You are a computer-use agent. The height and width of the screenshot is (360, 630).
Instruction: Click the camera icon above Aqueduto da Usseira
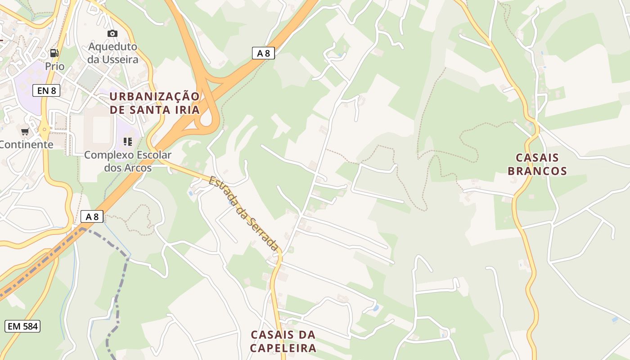pyautogui.click(x=112, y=33)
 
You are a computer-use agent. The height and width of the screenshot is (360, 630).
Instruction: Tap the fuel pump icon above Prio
pyautogui.click(x=54, y=53)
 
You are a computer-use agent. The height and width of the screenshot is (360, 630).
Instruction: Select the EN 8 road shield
pyautogui.click(x=46, y=90)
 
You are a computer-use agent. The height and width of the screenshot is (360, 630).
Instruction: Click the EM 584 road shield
pyautogui.click(x=22, y=326)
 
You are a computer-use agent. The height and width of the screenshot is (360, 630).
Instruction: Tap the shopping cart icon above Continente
pyautogui.click(x=25, y=131)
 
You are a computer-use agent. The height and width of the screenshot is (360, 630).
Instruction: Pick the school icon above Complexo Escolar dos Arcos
pyautogui.click(x=128, y=142)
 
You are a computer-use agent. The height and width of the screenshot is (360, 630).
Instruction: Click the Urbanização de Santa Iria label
pyautogui.click(x=154, y=103)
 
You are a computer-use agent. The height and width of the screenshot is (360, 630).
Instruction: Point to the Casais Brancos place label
pyautogui.click(x=537, y=164)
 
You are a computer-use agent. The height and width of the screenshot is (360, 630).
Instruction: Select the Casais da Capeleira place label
pyautogui.click(x=283, y=341)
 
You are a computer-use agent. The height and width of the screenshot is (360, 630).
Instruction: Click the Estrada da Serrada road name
pyautogui.click(x=243, y=213)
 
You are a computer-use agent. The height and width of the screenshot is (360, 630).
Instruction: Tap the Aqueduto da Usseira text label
pyautogui.click(x=112, y=53)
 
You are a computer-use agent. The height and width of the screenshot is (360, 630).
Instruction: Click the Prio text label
pyautogui.click(x=54, y=67)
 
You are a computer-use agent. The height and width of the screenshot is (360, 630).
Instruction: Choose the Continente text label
pyautogui.click(x=26, y=144)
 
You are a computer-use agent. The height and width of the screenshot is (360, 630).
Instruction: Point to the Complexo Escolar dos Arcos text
pyautogui.click(x=128, y=161)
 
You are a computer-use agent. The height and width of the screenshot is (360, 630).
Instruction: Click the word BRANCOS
pyautogui.click(x=537, y=171)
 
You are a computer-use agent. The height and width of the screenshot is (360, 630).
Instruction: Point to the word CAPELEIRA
pyautogui.click(x=283, y=348)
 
